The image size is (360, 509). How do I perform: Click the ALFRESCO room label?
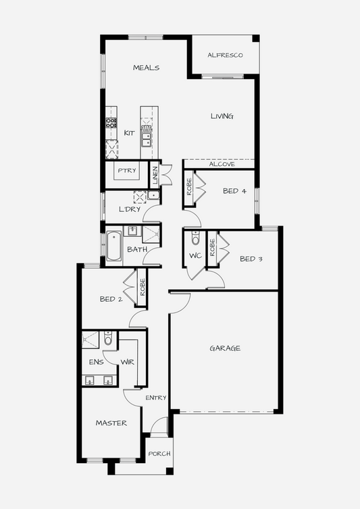click(x=225, y=55)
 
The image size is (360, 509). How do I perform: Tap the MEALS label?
click(x=146, y=68)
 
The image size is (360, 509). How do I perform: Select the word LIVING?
click(x=222, y=116)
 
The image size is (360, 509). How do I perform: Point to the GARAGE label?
click(x=225, y=348)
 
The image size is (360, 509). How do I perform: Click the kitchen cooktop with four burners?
click(x=111, y=122)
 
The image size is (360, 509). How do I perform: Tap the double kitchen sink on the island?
click(x=147, y=139)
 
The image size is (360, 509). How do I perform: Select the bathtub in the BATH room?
click(x=113, y=246)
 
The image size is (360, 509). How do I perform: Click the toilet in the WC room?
click(x=195, y=238)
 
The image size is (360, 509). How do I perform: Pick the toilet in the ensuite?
click(x=108, y=338)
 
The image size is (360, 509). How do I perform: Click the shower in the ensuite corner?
click(x=90, y=340)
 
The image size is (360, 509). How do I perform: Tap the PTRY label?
click(x=127, y=170)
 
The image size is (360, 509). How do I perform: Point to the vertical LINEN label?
click(x=155, y=176)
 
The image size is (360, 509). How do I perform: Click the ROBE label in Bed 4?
click(x=189, y=187)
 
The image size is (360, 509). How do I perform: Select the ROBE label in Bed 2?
click(x=143, y=288)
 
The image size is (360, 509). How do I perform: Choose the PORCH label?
click(x=159, y=454)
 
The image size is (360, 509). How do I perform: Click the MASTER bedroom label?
click(x=111, y=423)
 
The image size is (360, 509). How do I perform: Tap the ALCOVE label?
click(x=222, y=164)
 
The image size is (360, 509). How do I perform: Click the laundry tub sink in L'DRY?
click(x=153, y=195)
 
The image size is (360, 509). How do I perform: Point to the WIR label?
click(x=128, y=362)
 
